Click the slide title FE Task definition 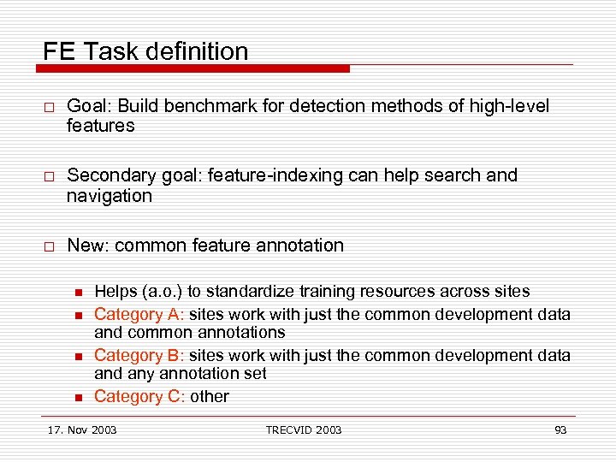(145, 51)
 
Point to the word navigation (110, 196)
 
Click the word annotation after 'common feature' (302, 246)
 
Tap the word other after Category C (210, 396)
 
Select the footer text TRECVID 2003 (303, 429)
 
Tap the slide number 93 (560, 429)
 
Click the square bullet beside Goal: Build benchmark (50, 107)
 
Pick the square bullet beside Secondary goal (50, 176)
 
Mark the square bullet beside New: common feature (50, 246)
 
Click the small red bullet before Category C (77, 396)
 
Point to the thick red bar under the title (197, 68)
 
